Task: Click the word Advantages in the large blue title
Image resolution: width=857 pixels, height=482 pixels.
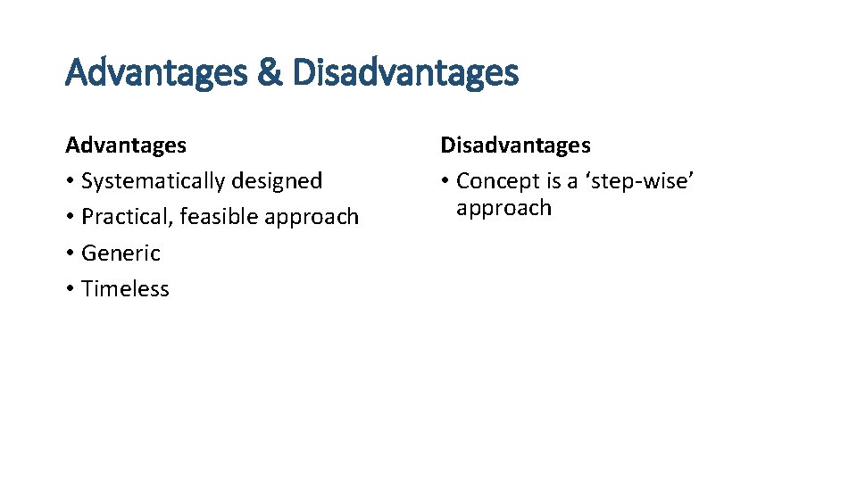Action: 157,72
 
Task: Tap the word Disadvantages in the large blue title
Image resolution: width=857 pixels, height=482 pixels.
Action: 404,72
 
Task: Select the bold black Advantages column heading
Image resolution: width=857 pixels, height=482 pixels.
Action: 126,145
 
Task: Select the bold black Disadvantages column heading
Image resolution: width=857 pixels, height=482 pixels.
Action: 515,145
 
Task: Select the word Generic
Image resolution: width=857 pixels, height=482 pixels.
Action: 121,253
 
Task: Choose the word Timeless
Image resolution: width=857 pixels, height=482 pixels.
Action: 125,289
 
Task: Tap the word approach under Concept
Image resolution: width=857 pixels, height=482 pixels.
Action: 503,210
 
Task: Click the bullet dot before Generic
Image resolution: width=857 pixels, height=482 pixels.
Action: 70,254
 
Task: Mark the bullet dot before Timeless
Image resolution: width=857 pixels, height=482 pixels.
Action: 70,290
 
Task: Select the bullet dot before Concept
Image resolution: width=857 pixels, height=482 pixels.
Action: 445,182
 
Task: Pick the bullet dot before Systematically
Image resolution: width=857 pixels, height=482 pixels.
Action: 70,182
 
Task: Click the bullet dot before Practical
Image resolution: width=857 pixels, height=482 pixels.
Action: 70,218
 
